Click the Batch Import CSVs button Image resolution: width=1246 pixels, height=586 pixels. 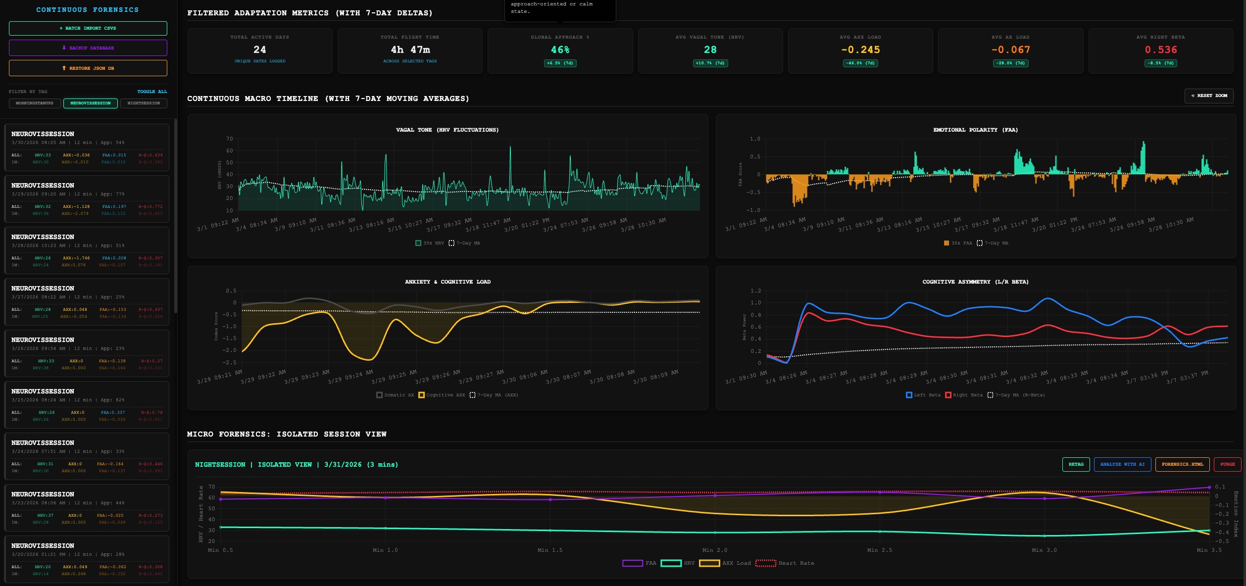tap(88, 28)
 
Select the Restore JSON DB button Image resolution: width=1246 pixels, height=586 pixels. tap(88, 68)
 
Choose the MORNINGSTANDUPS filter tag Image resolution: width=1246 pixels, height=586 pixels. tap(35, 103)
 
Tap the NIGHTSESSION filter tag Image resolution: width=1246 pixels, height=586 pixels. tap(144, 103)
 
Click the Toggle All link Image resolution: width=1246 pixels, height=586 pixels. tap(152, 92)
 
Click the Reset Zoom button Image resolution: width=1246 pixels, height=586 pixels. tap(1208, 96)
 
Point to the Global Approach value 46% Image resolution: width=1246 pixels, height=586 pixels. tap(560, 49)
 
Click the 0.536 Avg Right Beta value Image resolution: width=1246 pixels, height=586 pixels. tap(1160, 49)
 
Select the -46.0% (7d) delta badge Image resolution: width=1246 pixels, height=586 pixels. tap(860, 63)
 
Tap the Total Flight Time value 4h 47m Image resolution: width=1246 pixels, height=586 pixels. tap(410, 49)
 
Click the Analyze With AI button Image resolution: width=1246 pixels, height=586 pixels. tap(1122, 464)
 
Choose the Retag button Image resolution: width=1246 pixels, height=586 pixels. tap(1076, 464)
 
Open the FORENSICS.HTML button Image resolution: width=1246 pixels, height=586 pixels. tap(1182, 464)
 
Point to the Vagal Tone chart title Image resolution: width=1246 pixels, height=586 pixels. tap(447, 130)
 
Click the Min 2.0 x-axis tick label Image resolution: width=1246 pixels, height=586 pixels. tap(714, 550)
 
